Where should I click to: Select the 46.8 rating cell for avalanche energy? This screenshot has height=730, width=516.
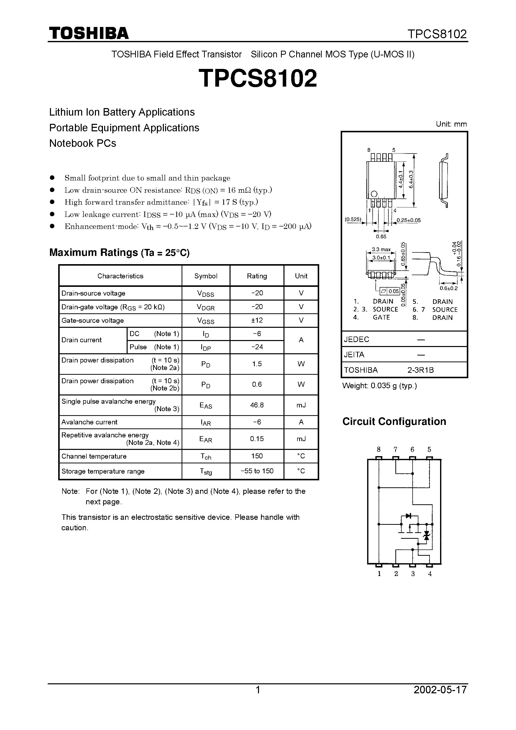(257, 405)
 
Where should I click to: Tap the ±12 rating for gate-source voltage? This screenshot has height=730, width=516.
(257, 320)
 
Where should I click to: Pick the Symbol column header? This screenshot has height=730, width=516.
(206, 276)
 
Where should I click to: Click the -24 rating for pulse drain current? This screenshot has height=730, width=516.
(257, 347)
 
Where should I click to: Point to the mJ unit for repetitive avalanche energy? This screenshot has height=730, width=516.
(301, 439)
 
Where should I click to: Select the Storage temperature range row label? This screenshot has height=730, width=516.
(103, 471)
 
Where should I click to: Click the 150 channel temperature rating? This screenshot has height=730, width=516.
(257, 456)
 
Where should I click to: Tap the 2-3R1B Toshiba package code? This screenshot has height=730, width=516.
(421, 370)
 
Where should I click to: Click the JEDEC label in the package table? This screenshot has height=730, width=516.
(356, 339)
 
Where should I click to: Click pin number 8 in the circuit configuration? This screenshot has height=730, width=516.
(379, 449)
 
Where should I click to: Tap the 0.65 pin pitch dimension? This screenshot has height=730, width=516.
(381, 236)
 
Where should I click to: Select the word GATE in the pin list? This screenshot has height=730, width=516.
(381, 317)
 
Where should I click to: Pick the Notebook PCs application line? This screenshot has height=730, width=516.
(83, 143)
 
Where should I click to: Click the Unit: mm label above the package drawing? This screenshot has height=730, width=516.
(451, 124)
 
